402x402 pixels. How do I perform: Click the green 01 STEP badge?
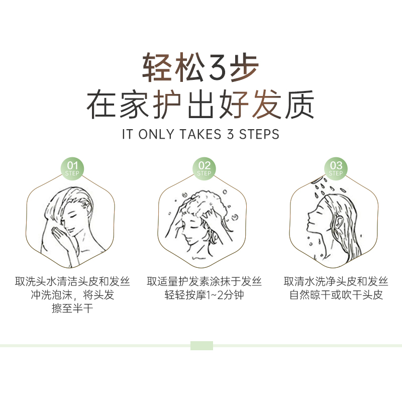click(73, 168)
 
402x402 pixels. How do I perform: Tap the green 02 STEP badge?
click(204, 168)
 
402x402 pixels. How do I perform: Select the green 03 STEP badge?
click(336, 168)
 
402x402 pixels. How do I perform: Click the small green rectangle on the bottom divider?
click(202, 346)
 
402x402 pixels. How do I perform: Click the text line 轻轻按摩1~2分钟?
click(204, 295)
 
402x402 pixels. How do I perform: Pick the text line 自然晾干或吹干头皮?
click(336, 295)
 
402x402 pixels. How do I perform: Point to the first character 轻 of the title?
click(156, 68)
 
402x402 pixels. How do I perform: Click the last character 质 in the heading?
click(300, 104)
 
